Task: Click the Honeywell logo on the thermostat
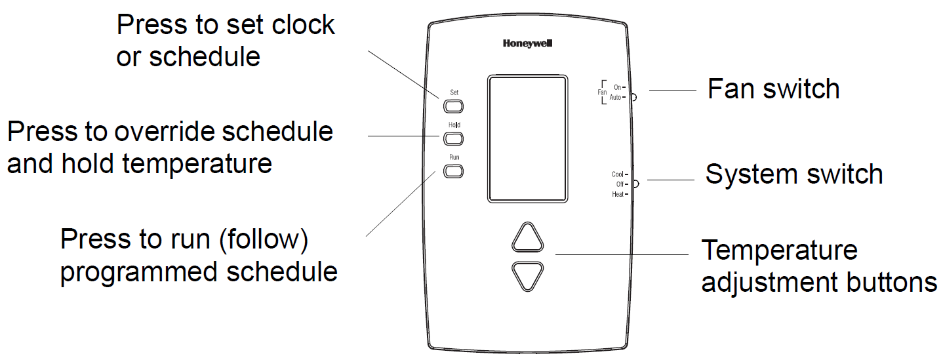528,44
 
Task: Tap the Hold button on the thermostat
454,138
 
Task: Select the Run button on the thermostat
454,172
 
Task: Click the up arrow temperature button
528,238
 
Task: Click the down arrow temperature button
528,275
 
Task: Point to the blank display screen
527,138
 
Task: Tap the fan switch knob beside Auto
634,97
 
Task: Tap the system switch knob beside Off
635,184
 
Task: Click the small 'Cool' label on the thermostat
617,174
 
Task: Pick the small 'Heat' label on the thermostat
617,195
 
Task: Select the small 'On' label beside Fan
616,87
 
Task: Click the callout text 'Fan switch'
773,89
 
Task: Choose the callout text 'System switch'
793,174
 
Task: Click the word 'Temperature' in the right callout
779,250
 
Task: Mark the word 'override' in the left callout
165,132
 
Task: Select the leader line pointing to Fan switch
672,90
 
